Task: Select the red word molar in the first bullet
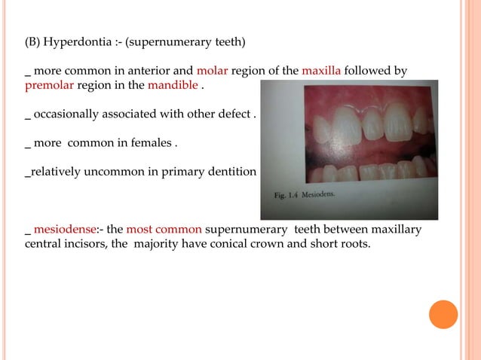tap(212, 72)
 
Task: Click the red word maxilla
tap(322, 72)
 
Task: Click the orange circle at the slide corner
tap(444, 314)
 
